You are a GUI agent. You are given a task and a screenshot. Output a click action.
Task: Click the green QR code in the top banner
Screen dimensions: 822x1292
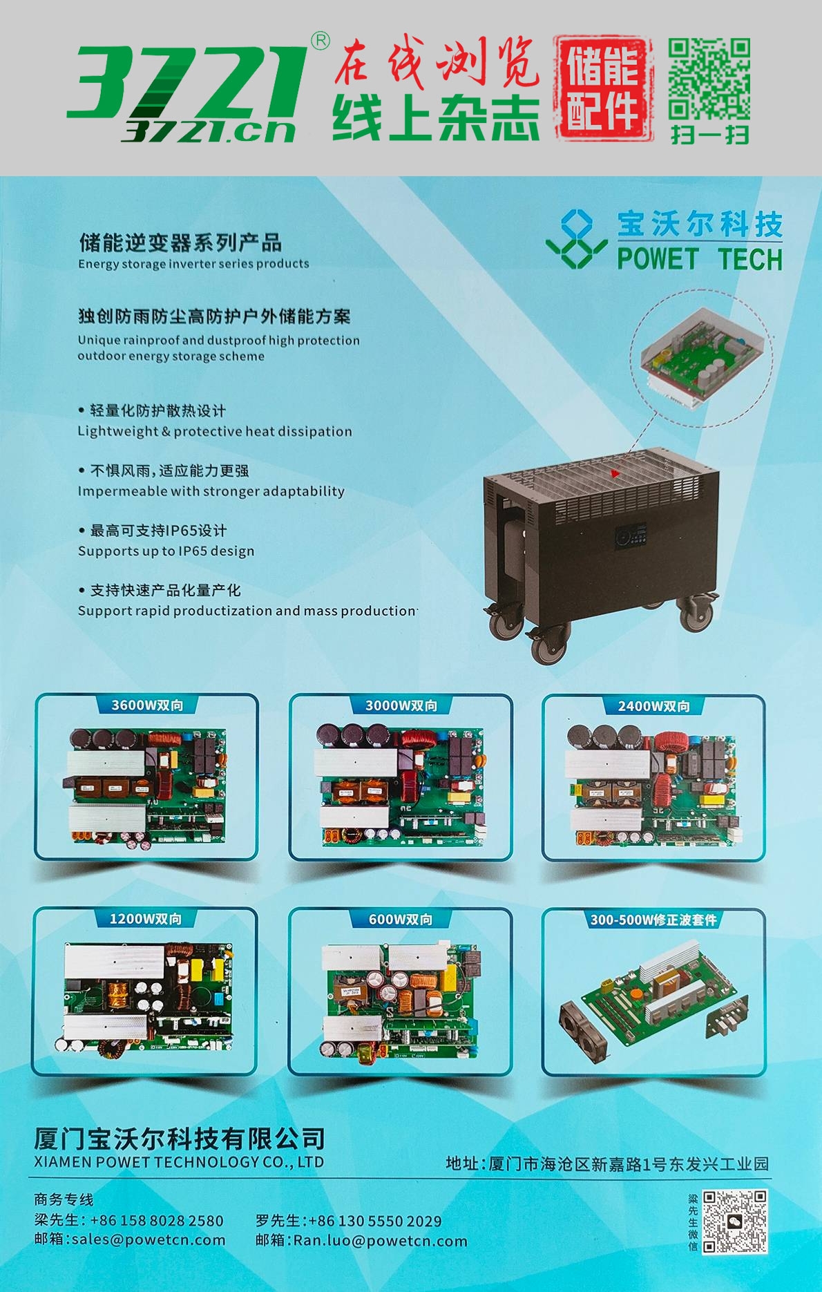709,79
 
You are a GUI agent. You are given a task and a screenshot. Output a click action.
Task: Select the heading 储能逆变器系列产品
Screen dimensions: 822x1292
180,243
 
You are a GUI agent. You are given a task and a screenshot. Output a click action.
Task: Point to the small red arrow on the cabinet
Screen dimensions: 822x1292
615,473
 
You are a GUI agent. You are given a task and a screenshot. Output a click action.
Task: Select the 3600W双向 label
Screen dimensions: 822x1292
147,705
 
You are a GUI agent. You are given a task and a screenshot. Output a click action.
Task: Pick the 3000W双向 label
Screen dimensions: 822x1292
401,705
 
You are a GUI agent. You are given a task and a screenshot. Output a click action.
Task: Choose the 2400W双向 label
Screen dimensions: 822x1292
653,706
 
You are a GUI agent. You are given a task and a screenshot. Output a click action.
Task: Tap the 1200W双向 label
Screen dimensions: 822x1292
146,919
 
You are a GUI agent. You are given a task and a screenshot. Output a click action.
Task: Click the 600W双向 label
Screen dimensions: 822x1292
401,920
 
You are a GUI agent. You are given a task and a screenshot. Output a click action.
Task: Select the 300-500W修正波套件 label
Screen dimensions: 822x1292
653,920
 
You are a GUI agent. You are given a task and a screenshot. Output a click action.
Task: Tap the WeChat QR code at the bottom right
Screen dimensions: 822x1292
735,1222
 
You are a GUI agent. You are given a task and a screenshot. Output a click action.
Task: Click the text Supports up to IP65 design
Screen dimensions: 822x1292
166,551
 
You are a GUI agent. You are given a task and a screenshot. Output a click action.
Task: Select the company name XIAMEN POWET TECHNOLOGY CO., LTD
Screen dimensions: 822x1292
179,1162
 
